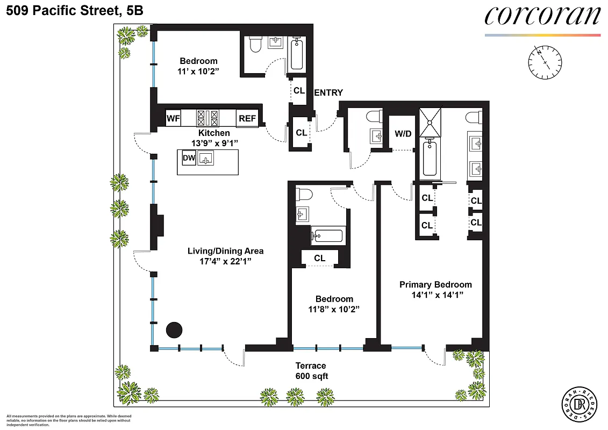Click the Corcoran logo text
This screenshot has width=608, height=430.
542,16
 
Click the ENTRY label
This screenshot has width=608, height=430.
328,93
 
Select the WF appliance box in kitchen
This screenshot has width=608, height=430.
173,118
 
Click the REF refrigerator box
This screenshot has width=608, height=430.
247,118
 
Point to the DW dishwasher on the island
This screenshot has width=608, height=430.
188,158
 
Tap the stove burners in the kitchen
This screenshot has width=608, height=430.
208,117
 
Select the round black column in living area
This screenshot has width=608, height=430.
174,329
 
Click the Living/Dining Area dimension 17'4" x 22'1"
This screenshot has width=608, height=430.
225,261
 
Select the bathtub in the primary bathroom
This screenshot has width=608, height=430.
430,157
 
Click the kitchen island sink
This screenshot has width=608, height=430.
206,158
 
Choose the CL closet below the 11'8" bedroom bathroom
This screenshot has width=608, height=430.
319,258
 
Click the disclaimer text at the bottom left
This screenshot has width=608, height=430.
68,420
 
